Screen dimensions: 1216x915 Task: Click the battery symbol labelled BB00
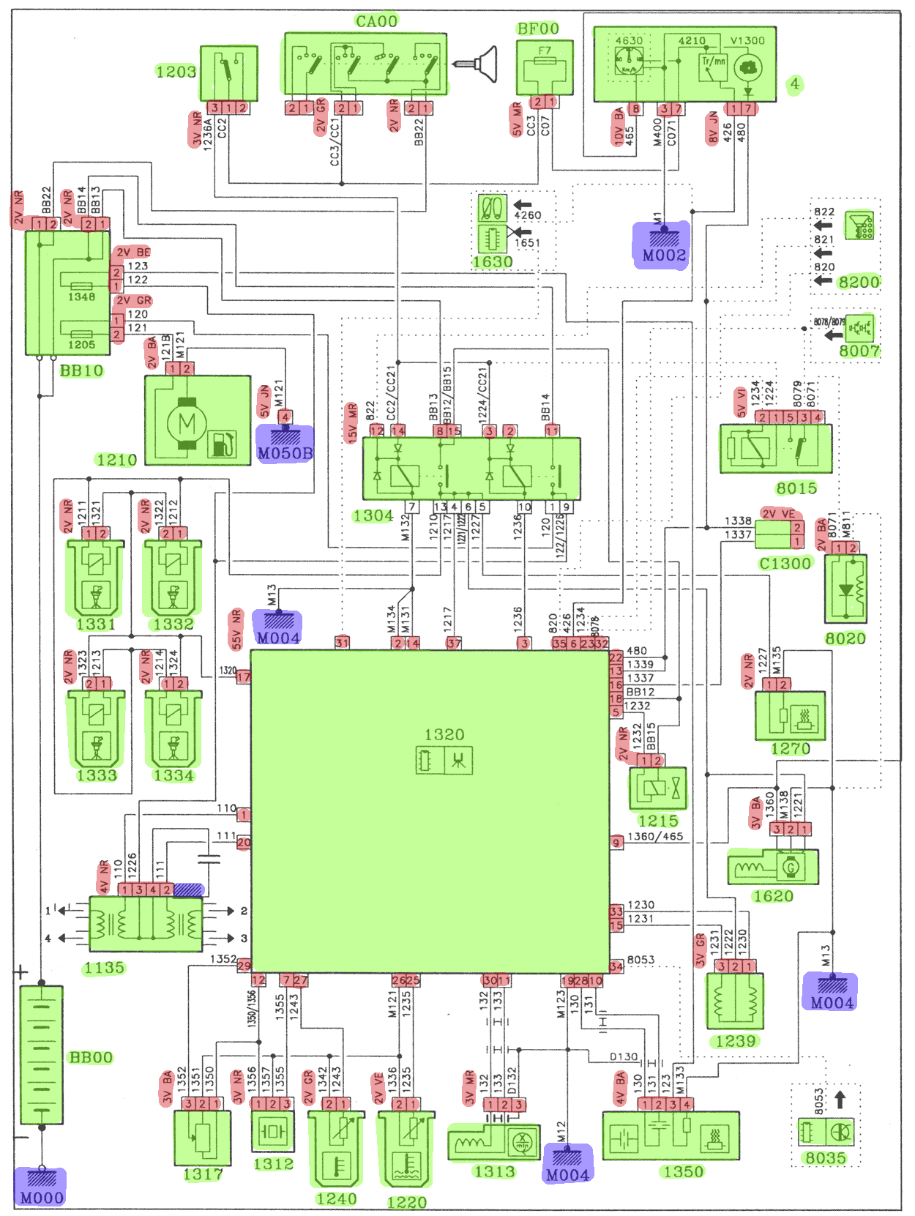[x=41, y=1055]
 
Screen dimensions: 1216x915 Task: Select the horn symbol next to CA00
[x=477, y=64]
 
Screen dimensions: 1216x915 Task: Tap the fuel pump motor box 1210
[x=198, y=421]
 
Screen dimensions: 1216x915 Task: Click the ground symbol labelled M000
[x=41, y=1186]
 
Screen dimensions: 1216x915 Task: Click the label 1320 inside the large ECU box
[x=444, y=734]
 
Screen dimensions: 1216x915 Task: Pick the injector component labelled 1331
[x=95, y=578]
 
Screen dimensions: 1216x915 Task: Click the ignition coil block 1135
[x=145, y=924]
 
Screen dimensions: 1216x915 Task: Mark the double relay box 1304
[x=471, y=469]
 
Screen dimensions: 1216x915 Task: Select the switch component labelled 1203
[x=228, y=73]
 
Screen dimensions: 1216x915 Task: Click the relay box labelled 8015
[x=775, y=448]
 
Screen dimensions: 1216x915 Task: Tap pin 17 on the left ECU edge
[x=243, y=677]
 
